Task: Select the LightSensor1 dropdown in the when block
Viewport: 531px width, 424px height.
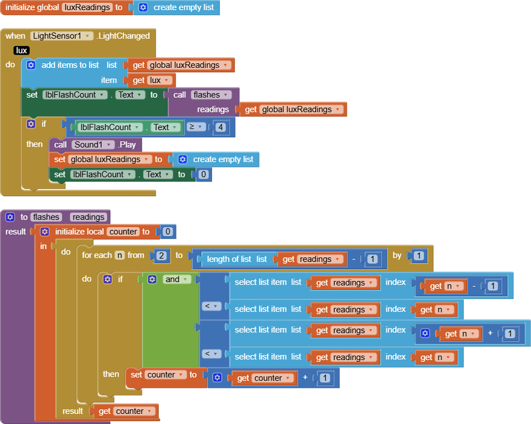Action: pos(62,36)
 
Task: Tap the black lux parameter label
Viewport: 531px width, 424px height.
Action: pos(21,50)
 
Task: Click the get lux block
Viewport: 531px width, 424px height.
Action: pos(150,80)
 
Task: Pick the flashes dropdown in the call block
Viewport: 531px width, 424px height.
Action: pos(211,94)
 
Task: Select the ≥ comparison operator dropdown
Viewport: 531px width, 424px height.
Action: pos(196,127)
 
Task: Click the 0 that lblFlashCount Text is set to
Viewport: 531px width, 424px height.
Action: pos(203,174)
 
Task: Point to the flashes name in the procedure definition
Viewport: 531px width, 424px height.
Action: pos(46,217)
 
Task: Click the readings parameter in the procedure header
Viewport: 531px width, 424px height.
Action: pos(88,217)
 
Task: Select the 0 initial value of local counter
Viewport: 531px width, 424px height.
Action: pos(167,232)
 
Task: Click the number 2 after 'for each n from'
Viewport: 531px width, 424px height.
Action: pos(161,256)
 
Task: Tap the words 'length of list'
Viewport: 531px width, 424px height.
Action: pos(228,259)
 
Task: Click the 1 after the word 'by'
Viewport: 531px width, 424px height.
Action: pos(418,256)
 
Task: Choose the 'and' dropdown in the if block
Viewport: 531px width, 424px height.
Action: pos(176,279)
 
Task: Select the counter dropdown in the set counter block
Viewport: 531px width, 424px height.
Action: pos(166,375)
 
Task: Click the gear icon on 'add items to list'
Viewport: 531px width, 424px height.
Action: pos(31,65)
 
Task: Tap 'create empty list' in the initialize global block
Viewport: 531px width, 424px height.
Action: pos(184,7)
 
